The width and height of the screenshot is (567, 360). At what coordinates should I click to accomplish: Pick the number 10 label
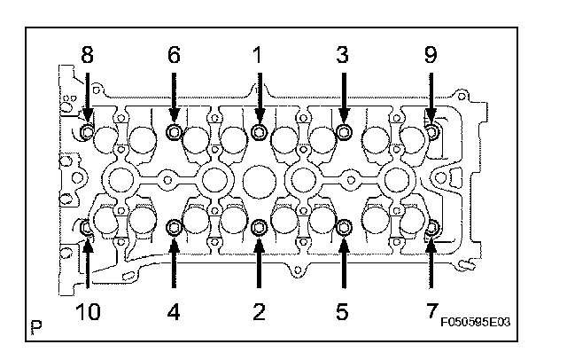coord(88,312)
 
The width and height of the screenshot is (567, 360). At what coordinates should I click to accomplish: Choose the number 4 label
coord(174,312)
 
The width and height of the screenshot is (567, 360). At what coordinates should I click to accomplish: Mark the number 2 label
coord(259,312)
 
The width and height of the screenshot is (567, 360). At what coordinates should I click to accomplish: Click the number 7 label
coord(431,312)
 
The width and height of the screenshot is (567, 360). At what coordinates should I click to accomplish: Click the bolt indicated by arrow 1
coord(259,133)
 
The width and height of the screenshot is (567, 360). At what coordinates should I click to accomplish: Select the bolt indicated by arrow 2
coord(259,228)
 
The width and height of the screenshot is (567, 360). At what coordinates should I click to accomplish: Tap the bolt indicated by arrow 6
coord(174,133)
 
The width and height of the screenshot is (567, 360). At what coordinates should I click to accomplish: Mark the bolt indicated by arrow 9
coord(431,133)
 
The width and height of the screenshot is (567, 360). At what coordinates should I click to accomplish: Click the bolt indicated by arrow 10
coord(88,228)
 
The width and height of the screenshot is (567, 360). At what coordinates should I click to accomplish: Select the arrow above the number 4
coord(174,266)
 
